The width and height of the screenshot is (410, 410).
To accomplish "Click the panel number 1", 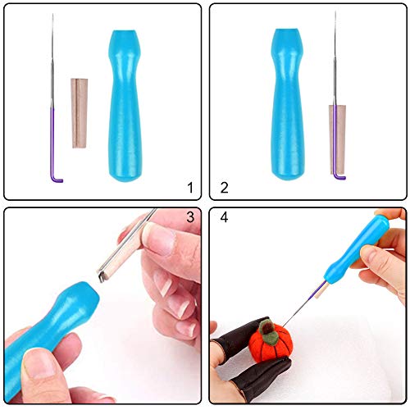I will (x=190, y=188).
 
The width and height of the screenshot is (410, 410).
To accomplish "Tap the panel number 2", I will (x=223, y=188).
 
